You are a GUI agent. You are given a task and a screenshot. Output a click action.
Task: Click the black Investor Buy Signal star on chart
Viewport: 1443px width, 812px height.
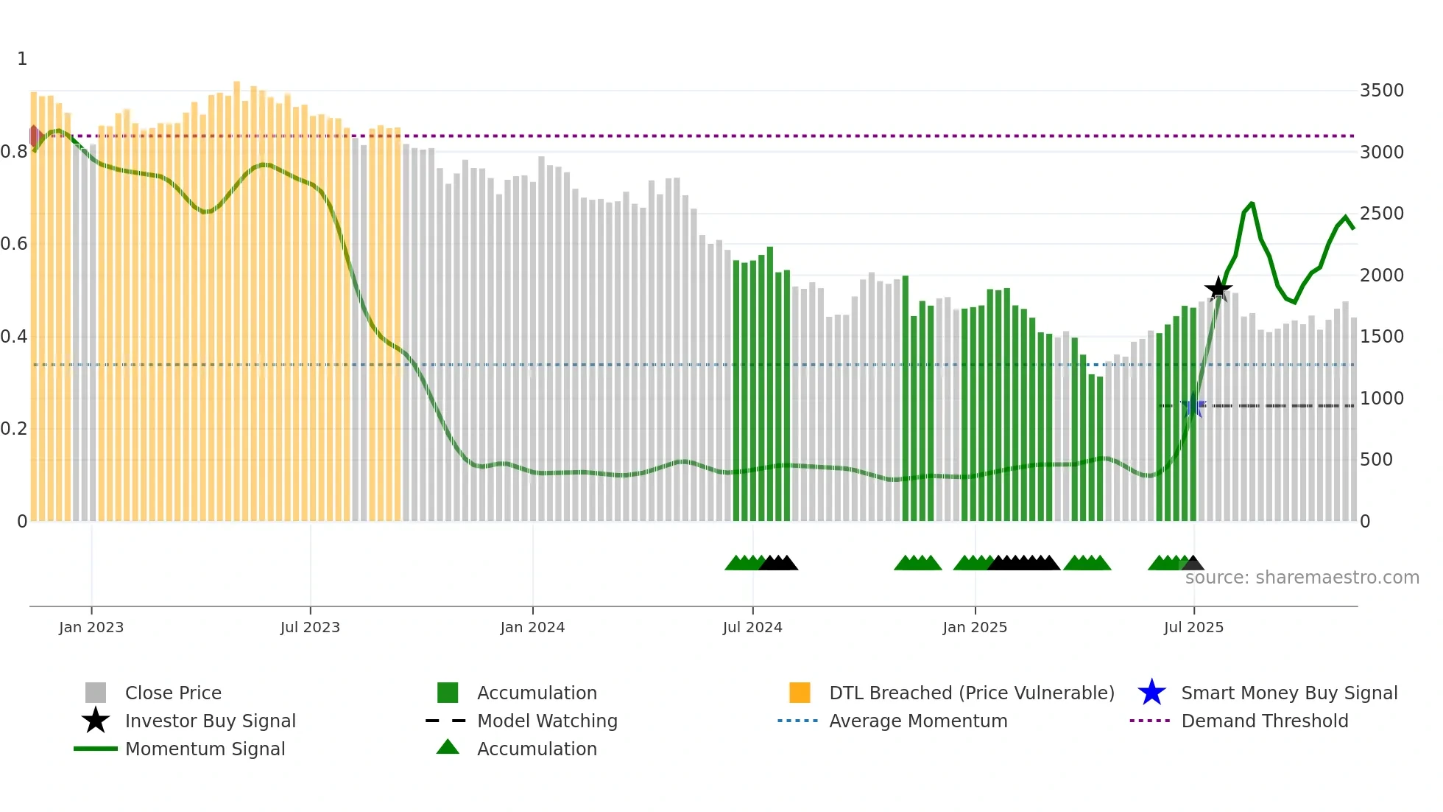pyautogui.click(x=1218, y=289)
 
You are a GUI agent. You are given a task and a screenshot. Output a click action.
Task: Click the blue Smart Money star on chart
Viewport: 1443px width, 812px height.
pyautogui.click(x=1193, y=405)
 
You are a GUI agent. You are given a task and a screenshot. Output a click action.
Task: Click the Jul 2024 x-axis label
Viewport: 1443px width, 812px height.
pyautogui.click(x=752, y=627)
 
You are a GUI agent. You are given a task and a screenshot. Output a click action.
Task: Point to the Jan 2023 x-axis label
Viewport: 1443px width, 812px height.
pyautogui.click(x=91, y=627)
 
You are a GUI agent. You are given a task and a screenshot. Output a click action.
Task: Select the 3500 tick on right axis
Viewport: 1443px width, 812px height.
pyautogui.click(x=1381, y=91)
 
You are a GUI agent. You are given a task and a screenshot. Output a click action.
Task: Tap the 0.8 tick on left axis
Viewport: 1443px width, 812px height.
pyautogui.click(x=14, y=152)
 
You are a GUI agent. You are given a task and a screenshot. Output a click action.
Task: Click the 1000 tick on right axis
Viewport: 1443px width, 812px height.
pyautogui.click(x=1381, y=399)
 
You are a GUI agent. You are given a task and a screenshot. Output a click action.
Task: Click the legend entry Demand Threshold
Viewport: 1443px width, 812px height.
pyautogui.click(x=1264, y=721)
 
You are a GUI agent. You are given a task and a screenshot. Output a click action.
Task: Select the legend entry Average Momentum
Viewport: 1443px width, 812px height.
pyautogui.click(x=917, y=721)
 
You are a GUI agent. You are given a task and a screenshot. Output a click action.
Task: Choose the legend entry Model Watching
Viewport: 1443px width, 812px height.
pyautogui.click(x=546, y=721)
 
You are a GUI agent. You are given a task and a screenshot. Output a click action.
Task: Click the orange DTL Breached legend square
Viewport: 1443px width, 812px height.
pyautogui.click(x=800, y=693)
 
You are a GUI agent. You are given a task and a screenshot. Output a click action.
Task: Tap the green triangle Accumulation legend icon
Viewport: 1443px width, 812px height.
pyautogui.click(x=448, y=747)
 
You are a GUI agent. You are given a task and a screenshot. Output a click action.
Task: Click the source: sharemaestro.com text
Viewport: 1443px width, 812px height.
pyautogui.click(x=1302, y=578)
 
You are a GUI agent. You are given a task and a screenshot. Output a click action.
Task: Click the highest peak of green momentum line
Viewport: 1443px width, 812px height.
pyautogui.click(x=1252, y=203)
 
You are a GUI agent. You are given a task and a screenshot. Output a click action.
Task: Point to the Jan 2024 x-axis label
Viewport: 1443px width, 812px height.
pyautogui.click(x=532, y=627)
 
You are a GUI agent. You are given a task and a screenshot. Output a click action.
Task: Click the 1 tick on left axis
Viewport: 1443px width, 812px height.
pyautogui.click(x=22, y=59)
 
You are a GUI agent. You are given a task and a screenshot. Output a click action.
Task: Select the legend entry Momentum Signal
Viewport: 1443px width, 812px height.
pyautogui.click(x=205, y=749)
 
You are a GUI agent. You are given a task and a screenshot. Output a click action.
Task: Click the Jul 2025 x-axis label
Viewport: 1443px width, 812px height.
pyautogui.click(x=1193, y=627)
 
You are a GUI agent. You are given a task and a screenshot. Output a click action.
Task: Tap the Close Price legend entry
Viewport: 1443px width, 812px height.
pyautogui.click(x=172, y=693)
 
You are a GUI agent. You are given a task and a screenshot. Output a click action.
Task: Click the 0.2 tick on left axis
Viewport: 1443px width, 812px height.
pyautogui.click(x=14, y=429)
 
